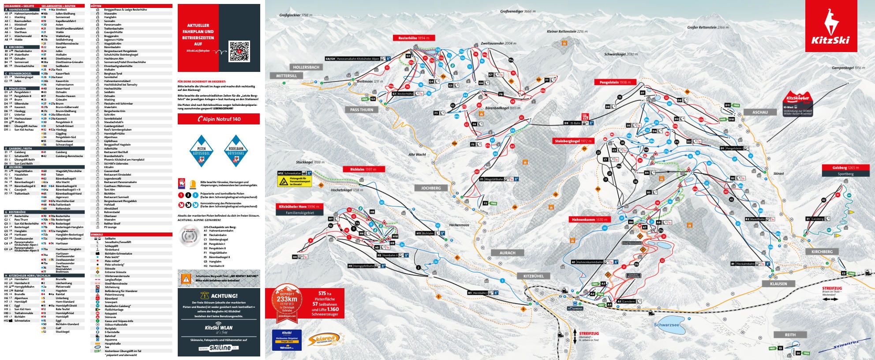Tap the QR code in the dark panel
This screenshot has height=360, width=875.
(x=239, y=52)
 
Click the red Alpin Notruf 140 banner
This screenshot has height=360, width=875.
(x=219, y=119)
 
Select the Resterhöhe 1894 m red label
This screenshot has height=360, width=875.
(x=414, y=38)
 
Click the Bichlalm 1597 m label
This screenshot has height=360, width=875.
(x=364, y=169)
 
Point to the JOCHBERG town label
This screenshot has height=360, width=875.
(x=431, y=187)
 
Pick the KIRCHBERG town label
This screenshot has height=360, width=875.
(x=822, y=251)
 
